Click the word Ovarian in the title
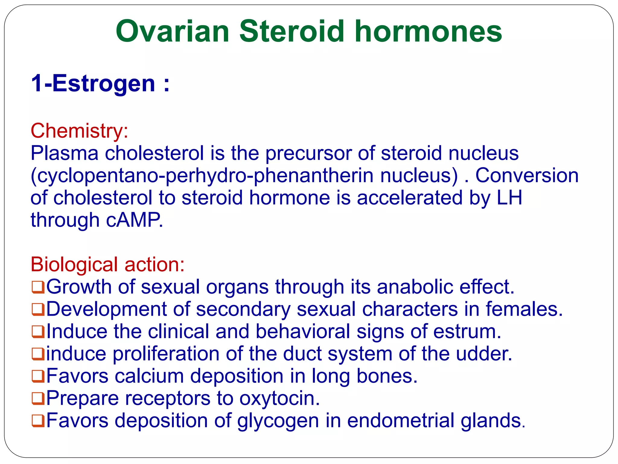pyautogui.click(x=173, y=31)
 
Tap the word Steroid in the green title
pyautogui.click(x=291, y=31)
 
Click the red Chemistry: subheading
pyautogui.click(x=79, y=131)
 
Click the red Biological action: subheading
pyautogui.click(x=107, y=264)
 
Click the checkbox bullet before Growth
pyautogui.click(x=38, y=287)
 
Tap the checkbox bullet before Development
pyautogui.click(x=38, y=310)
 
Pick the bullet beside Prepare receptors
pyautogui.click(x=38, y=399)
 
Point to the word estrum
pyautogui.click(x=467, y=331)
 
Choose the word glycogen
pyautogui.click(x=278, y=421)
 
